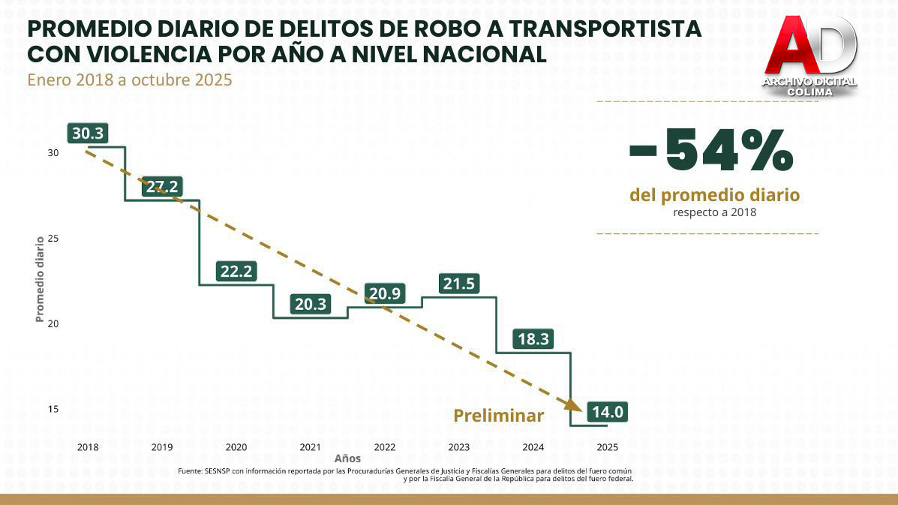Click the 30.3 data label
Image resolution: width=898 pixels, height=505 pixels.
(88, 134)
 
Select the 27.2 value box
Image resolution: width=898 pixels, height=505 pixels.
(162, 187)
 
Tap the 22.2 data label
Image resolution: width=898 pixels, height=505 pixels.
(236, 272)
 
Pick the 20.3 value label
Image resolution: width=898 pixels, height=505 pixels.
(310, 304)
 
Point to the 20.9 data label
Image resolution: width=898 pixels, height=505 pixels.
(384, 294)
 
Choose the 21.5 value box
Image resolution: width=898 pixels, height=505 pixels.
(458, 284)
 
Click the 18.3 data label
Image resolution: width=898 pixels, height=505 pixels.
(533, 339)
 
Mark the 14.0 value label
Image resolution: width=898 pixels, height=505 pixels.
(607, 412)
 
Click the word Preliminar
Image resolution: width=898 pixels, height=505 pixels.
(498, 416)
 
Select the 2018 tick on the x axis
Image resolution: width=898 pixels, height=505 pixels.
(88, 447)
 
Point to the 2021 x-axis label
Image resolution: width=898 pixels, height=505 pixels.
(310, 447)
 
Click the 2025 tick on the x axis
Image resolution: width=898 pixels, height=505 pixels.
(607, 447)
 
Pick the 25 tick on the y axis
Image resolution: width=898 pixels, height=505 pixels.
(53, 239)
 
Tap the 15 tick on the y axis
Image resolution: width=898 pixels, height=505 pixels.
(53, 410)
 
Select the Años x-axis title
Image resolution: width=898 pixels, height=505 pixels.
(347, 458)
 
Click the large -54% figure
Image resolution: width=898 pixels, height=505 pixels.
(710, 150)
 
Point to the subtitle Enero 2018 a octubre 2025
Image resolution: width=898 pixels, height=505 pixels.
(129, 80)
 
